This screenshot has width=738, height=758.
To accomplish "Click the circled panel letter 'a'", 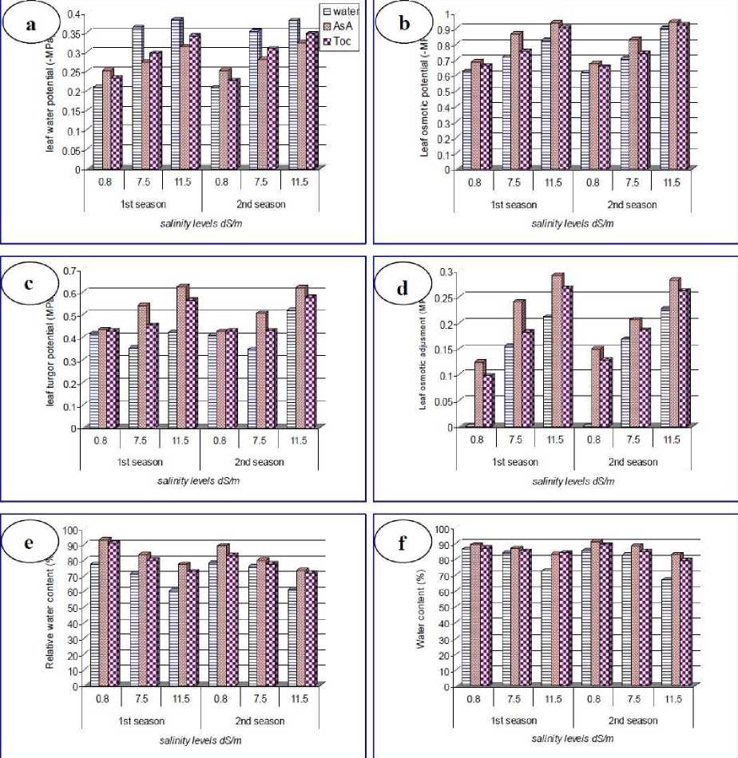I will coord(31,25).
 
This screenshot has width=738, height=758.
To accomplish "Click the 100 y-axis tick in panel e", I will coord(69,530).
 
